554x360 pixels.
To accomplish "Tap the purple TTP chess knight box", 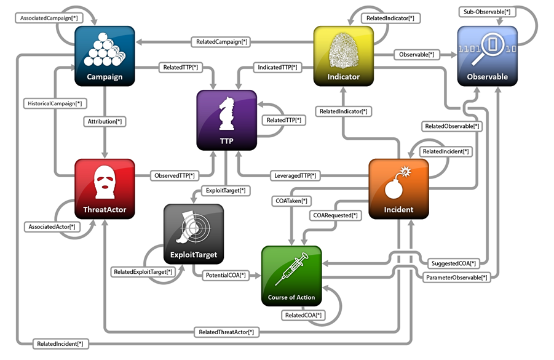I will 226,120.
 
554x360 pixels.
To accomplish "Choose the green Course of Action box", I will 291,276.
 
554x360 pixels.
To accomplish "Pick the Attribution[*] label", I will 105,122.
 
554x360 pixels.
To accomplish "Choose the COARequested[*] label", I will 336,215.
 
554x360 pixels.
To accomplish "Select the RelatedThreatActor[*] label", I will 226,332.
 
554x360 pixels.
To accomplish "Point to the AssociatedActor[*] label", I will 52,227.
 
